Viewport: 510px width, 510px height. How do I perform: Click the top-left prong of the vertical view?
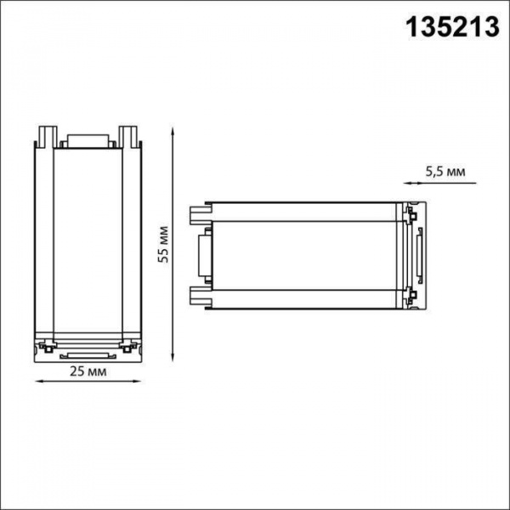pyautogui.click(x=47, y=136)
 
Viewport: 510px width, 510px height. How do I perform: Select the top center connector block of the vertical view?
pyautogui.click(x=87, y=142)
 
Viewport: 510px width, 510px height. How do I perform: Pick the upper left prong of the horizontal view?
pyautogui.click(x=199, y=211)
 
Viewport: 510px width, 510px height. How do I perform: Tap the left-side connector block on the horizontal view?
pyautogui.click(x=203, y=253)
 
